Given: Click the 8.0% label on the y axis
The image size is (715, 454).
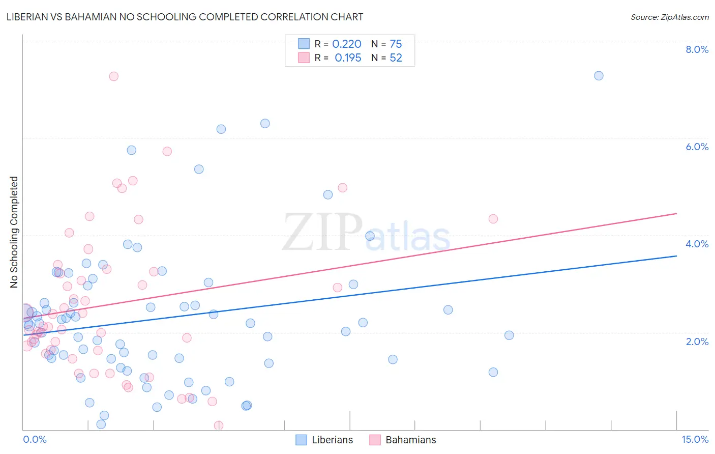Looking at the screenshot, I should [697, 49].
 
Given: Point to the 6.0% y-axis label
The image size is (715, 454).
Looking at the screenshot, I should [697, 147].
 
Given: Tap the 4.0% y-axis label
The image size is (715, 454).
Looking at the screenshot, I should [697, 244].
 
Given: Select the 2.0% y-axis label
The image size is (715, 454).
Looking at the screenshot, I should [697, 342].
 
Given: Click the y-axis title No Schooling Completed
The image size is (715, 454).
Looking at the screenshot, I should [14, 232].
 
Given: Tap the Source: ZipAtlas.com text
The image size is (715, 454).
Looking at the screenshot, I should [669, 17].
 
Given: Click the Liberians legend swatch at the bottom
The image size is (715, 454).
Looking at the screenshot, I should [302, 440].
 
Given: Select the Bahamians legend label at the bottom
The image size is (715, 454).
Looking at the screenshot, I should [410, 440].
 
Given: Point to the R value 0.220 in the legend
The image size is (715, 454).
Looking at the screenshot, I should [347, 44].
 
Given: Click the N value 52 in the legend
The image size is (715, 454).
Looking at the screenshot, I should [396, 58].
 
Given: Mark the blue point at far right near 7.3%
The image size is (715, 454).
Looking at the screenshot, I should [599, 76].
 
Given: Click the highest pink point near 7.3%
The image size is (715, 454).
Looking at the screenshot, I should [114, 76].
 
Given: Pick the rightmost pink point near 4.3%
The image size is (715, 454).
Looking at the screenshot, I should [493, 219].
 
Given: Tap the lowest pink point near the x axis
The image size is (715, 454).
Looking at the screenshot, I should [219, 425].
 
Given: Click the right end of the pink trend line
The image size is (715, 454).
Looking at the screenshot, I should [676, 213].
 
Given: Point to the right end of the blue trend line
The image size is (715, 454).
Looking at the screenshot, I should [676, 256].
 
